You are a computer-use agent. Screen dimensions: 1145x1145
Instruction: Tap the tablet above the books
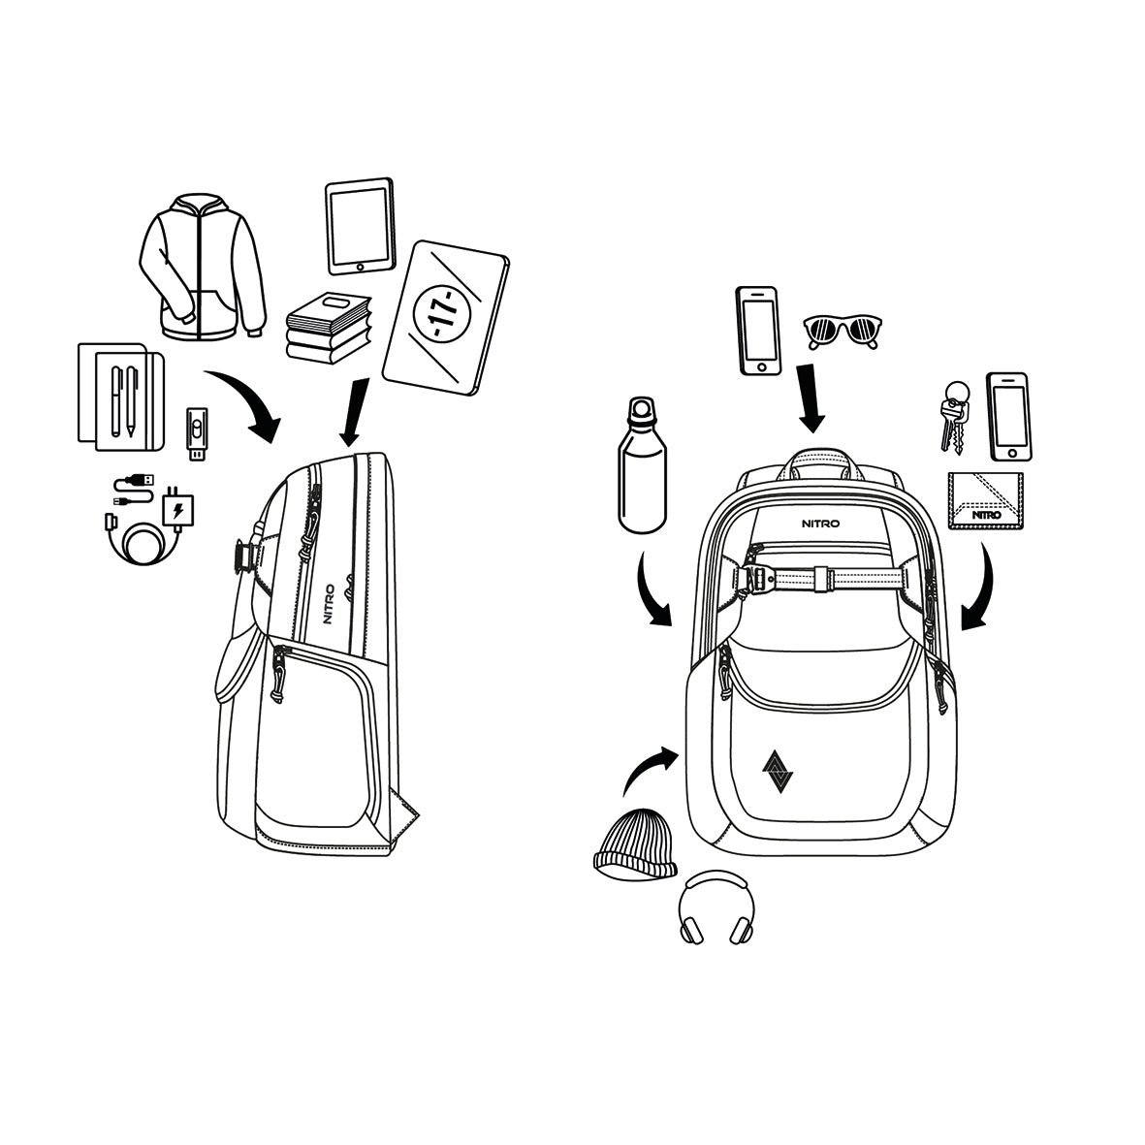pos(361,226)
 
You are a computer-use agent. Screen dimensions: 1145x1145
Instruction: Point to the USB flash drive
pos(197,433)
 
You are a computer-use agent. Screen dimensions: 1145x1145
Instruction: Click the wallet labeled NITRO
pos(986,500)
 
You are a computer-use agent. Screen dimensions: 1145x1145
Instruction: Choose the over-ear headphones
pos(716,907)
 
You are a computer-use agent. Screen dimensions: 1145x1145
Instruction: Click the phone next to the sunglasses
pos(759,331)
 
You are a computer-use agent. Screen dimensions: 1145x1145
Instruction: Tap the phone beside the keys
pos(1008,417)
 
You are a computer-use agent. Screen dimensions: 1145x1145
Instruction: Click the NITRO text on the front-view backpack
pos(821,523)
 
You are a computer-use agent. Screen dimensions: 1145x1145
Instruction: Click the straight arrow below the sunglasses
pos(811,398)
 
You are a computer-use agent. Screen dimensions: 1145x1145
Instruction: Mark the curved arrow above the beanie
pos(647,767)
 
